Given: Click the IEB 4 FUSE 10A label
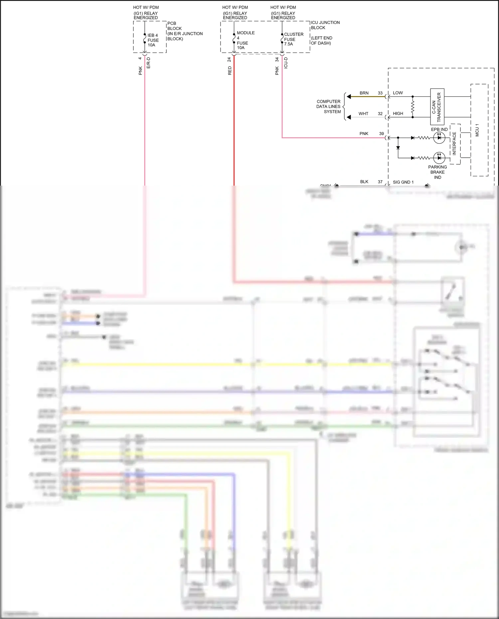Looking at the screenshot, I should point(153,40).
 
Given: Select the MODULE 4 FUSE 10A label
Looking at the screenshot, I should point(245,40).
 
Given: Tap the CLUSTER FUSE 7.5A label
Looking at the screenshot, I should point(293,39).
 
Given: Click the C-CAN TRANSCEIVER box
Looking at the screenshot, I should point(437,107).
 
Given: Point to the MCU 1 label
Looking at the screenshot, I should point(477,130).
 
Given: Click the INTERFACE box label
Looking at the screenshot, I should point(454,144).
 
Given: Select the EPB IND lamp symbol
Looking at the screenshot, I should point(439,138).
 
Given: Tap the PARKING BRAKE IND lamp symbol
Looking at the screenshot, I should point(439,158).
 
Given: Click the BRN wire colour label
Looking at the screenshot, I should point(364,93).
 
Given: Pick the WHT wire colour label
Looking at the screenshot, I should point(363,114).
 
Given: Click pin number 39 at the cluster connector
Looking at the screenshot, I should point(381,134).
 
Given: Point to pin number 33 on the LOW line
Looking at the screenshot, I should point(380,93).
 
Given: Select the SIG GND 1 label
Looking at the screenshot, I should point(403,182).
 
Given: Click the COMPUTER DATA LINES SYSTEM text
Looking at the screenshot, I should point(329,106).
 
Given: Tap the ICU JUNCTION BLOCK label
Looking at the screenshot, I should point(325,25).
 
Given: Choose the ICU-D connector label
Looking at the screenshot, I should point(286,63).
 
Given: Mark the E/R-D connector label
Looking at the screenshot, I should point(149,63).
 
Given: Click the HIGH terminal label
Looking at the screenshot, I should point(398,113).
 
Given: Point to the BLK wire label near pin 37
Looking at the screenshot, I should point(364,182).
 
